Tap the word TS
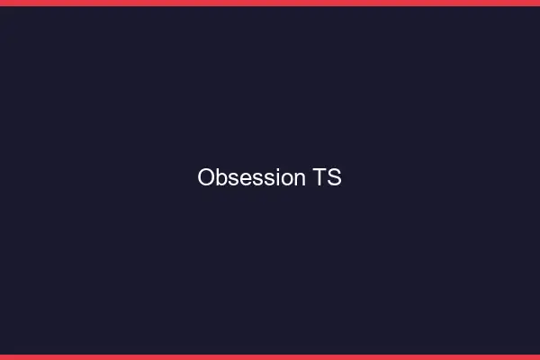pyautogui.click(x=328, y=178)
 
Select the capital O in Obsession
pyautogui.click(x=206, y=178)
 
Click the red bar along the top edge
pyautogui.click(x=270, y=3)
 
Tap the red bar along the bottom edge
pyautogui.click(x=270, y=357)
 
